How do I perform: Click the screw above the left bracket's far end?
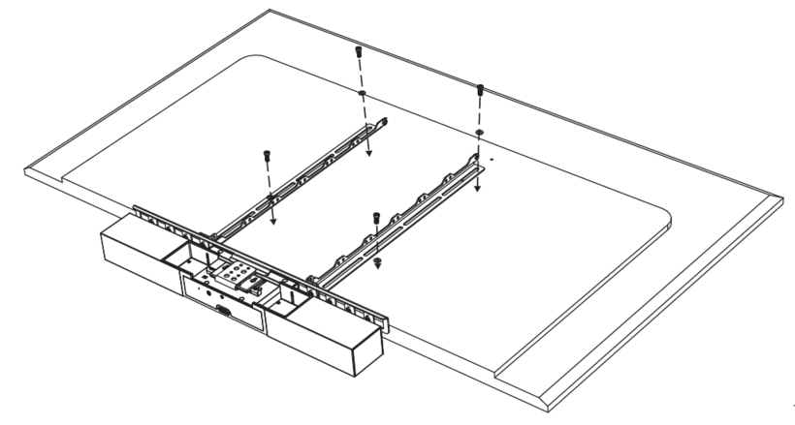(x=359, y=50)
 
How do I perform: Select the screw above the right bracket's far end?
(x=480, y=90)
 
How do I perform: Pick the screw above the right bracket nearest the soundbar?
(x=372, y=215)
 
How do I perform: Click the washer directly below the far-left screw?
(x=361, y=94)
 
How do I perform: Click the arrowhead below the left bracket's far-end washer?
(x=368, y=154)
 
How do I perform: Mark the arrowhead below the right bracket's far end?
(x=479, y=189)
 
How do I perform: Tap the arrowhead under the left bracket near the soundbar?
(x=272, y=220)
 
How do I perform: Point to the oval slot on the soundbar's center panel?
(x=225, y=312)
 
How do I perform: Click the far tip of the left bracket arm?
(x=385, y=123)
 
